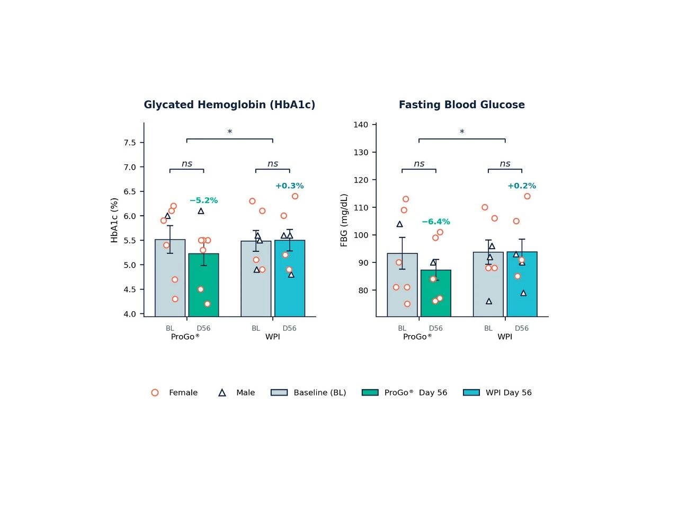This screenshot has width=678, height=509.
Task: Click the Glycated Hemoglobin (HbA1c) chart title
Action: pyautogui.click(x=229, y=105)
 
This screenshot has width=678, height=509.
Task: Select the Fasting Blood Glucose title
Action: pyautogui.click(x=462, y=105)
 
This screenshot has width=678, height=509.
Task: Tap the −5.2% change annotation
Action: pyautogui.click(x=203, y=200)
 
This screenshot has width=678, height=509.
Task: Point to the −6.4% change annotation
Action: pyautogui.click(x=436, y=222)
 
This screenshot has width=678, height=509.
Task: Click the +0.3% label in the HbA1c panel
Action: pyautogui.click(x=289, y=186)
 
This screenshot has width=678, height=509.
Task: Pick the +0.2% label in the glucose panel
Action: pyautogui.click(x=522, y=186)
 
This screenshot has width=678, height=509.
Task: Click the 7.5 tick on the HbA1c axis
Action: pyautogui.click(x=130, y=143)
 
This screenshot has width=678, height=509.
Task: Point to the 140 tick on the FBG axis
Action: pyautogui.click(x=361, y=125)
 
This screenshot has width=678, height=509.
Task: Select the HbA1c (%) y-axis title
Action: pyautogui.click(x=114, y=220)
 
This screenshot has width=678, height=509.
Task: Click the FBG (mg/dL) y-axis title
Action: pyautogui.click(x=344, y=220)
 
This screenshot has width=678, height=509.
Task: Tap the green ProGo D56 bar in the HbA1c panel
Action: pyautogui.click(x=203, y=285)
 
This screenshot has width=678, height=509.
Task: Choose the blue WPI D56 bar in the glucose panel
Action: pyautogui.click(x=522, y=284)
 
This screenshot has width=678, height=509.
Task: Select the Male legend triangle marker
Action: pyautogui.click(x=222, y=393)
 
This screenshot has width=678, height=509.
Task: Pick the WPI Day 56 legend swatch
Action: pyautogui.click(x=471, y=392)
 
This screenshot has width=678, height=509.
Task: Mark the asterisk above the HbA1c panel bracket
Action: pyautogui.click(x=229, y=132)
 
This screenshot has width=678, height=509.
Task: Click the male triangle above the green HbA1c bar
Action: pyautogui.click(x=201, y=211)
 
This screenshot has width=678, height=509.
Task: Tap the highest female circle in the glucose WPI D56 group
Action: pyautogui.click(x=527, y=196)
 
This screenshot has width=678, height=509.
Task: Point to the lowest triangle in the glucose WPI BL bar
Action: pyautogui.click(x=489, y=301)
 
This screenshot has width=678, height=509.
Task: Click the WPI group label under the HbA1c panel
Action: pyautogui.click(x=272, y=337)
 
